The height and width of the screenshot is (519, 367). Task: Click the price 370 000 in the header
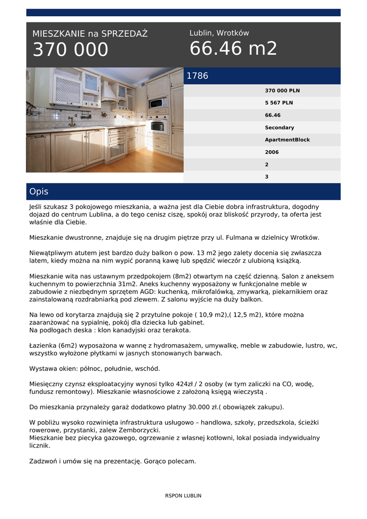70,50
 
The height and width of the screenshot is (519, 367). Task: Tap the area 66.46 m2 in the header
233,49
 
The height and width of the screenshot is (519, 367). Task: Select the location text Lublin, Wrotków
219,33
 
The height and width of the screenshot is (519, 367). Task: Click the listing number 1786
197,76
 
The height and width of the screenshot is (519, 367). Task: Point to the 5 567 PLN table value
279,103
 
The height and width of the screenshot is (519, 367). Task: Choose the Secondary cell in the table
279,128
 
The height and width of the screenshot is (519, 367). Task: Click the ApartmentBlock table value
287,140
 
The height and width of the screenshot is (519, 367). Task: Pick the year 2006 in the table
272,152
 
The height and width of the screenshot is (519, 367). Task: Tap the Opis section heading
39,192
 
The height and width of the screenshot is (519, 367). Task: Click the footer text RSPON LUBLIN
183,496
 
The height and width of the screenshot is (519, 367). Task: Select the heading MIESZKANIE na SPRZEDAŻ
90,34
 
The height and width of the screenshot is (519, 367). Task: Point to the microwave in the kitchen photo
157,103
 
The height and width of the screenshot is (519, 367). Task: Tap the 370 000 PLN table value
282,91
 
